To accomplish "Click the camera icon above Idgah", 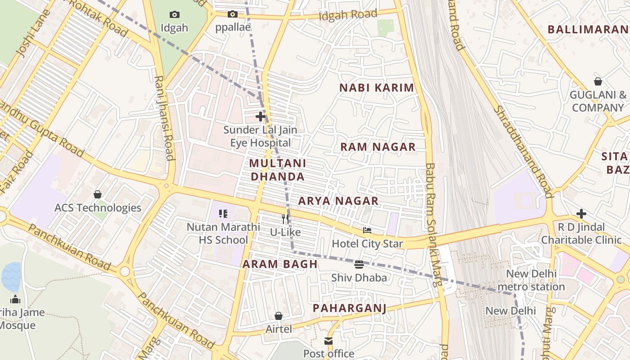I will [x=174, y=15].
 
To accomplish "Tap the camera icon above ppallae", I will [x=232, y=14].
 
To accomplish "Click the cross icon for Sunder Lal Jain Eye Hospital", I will [x=261, y=117].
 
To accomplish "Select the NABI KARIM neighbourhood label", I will [x=376, y=88].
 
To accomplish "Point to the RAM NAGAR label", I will [x=378, y=147].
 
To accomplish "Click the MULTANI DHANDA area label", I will [x=278, y=170].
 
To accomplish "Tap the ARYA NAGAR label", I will [x=338, y=201].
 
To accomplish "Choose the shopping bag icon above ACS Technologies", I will [x=98, y=194].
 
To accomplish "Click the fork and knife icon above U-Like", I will [x=285, y=219].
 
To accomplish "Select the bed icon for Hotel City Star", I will [x=367, y=231].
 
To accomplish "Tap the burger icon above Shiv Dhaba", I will [x=359, y=265].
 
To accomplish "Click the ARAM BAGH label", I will [x=280, y=264].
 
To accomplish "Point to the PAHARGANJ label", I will [x=350, y=308].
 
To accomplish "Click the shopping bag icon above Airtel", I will [x=279, y=316].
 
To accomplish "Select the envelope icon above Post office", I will [x=328, y=341].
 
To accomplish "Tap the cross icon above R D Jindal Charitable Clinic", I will [x=581, y=213].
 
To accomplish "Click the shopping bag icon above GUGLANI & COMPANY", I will [x=598, y=81].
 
